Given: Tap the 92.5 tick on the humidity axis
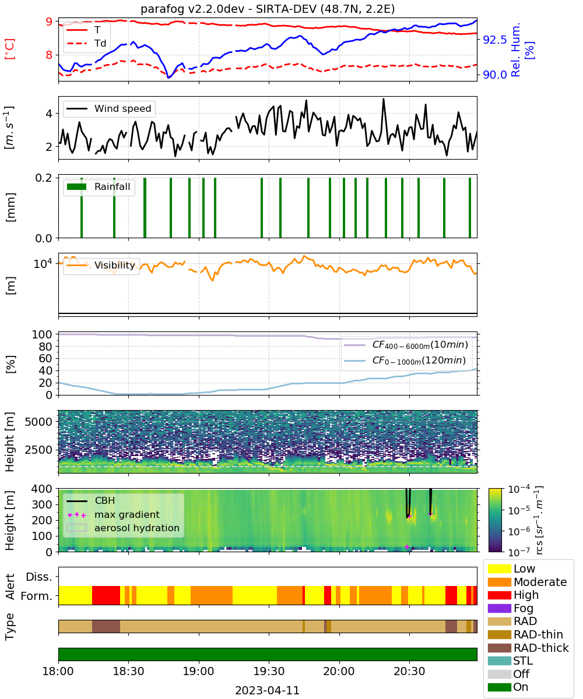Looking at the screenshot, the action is [x=494, y=40].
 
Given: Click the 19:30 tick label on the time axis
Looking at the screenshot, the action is [x=269, y=671].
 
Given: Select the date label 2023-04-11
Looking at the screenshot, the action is [x=268, y=690].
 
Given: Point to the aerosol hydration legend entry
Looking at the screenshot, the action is [x=123, y=528].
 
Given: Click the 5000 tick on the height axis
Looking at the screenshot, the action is [x=38, y=422].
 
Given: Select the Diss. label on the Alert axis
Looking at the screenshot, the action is [x=39, y=577].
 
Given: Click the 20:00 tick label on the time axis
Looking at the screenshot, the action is [x=339, y=671].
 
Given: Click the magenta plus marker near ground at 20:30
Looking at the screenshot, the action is [x=407, y=547].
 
